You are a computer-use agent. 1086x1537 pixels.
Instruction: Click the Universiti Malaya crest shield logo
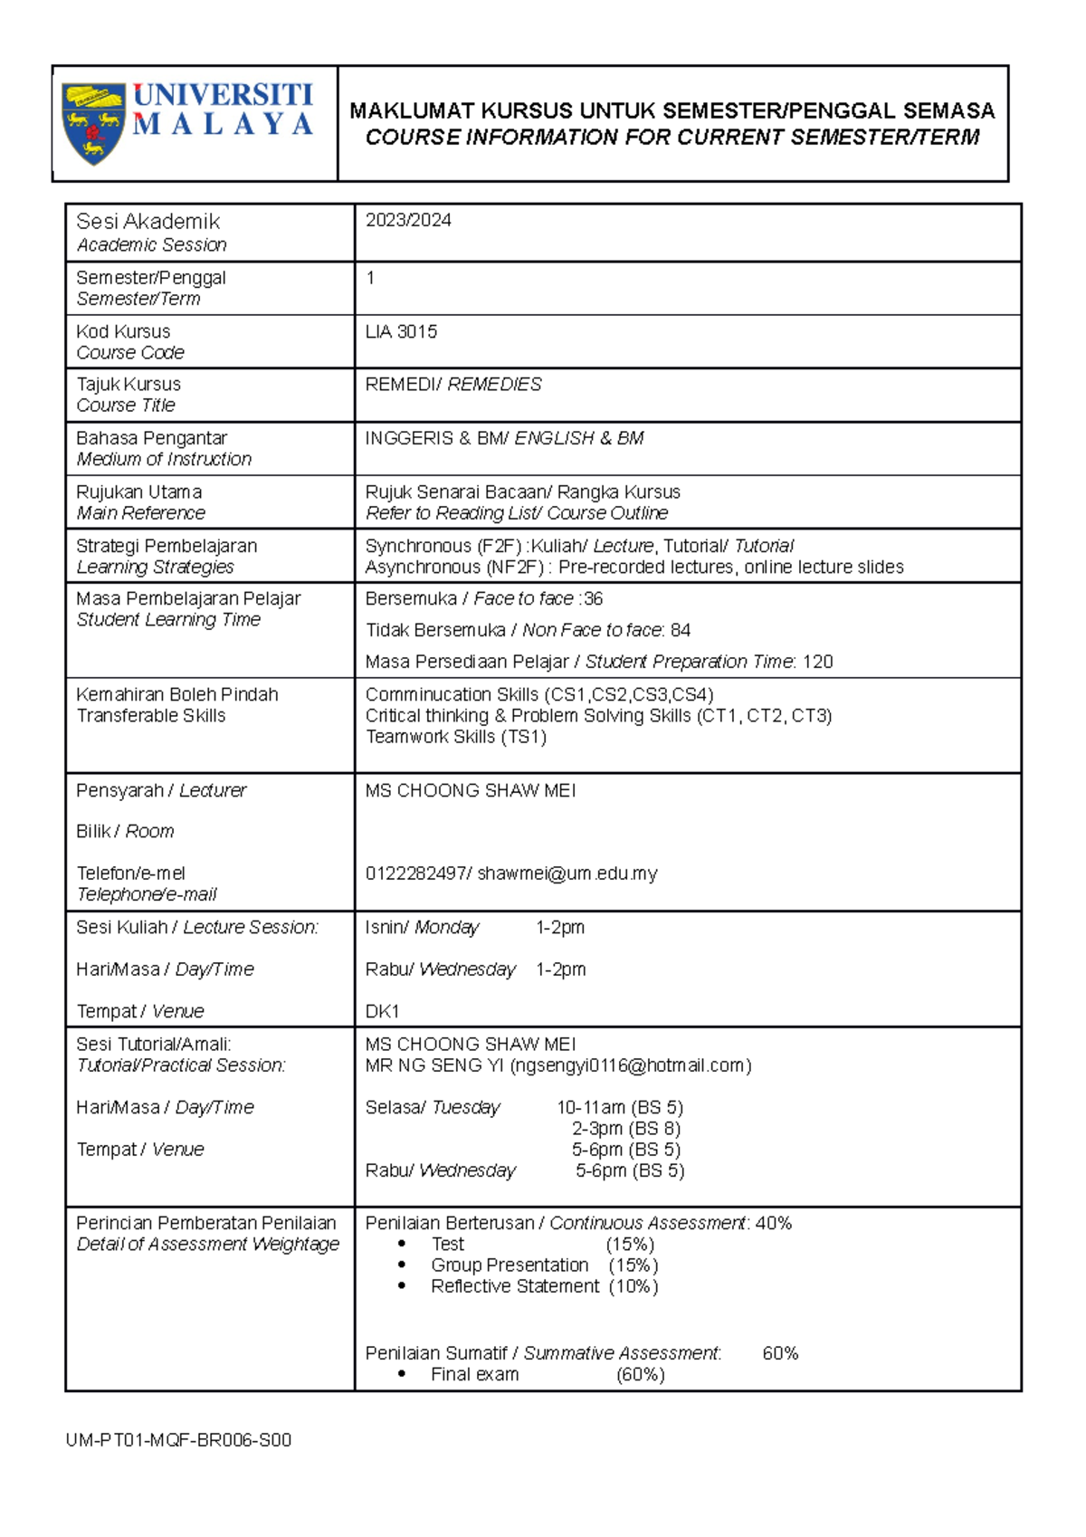pos(93,123)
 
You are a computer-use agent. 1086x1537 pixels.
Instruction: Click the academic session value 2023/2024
pos(408,221)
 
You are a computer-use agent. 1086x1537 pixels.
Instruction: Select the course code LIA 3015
pos(401,332)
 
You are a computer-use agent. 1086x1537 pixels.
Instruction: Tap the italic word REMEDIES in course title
pos(494,385)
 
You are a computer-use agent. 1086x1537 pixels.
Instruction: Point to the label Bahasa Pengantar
pos(151,438)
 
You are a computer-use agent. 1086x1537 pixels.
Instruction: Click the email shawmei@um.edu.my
pos(567,874)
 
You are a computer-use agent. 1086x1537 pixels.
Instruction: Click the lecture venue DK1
pos(382,1011)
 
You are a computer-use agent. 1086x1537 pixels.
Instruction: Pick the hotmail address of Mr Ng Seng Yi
pos(630,1065)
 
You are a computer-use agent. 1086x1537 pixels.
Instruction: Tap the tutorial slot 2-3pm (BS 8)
pos(625,1129)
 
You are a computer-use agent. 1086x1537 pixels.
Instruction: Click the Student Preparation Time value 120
pos(817,662)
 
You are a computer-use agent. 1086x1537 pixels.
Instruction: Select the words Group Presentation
pos(510,1265)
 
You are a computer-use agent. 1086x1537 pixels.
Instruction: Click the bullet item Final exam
pos(474,1374)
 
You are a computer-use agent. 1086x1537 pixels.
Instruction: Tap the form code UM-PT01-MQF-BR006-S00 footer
pos(178,1440)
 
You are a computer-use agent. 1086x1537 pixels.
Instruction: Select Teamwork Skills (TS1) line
pos(455,737)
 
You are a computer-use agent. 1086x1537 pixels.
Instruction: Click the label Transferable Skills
pos(151,716)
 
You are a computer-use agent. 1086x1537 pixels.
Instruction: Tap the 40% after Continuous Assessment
pos(774,1224)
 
